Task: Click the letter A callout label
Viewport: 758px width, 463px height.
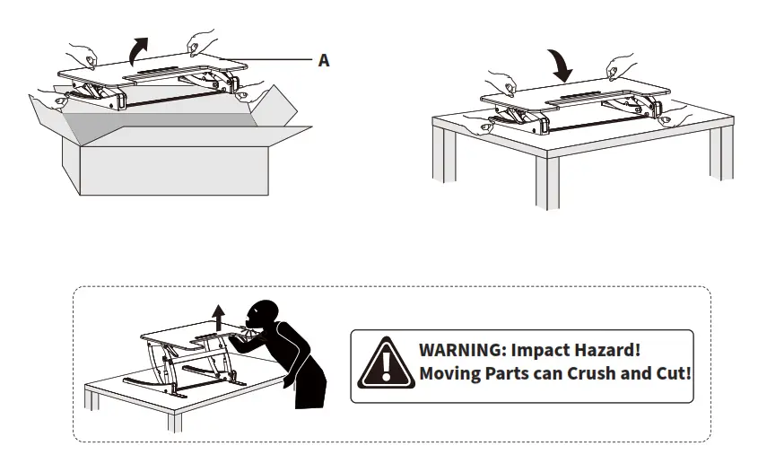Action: point(324,61)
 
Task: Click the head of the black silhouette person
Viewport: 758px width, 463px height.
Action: point(265,315)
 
